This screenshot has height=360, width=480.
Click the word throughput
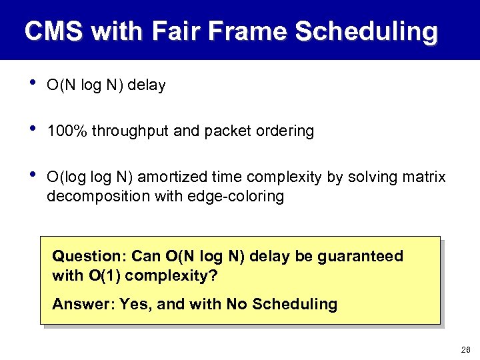(x=131, y=131)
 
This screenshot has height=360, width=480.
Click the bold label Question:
(x=90, y=257)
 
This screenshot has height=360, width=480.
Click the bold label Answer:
(x=83, y=305)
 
